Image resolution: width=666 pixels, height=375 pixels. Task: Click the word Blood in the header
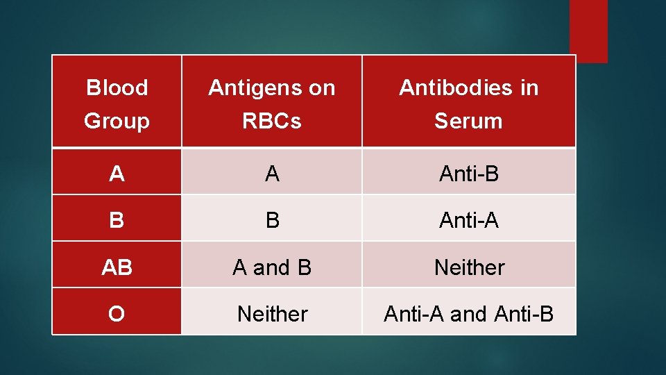(x=117, y=88)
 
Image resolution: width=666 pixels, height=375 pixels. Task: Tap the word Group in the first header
(x=117, y=122)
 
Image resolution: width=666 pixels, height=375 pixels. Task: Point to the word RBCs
(x=272, y=122)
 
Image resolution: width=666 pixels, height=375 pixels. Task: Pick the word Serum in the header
(x=468, y=122)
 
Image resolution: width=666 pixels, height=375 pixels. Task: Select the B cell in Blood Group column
(x=117, y=220)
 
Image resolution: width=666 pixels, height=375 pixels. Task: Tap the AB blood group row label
(x=117, y=267)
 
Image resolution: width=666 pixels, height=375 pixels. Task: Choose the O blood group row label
(x=117, y=314)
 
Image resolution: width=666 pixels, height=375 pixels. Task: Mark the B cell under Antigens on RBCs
(x=272, y=220)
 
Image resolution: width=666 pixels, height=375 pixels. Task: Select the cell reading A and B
(x=272, y=267)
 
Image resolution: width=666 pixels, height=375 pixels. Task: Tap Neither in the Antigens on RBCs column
(x=272, y=314)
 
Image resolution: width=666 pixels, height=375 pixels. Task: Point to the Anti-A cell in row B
(x=468, y=220)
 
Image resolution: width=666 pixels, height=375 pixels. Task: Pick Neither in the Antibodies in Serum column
(x=469, y=267)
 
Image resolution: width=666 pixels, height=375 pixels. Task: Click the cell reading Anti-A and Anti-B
(x=468, y=314)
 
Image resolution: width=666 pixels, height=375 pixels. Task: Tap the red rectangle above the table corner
(x=588, y=31)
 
